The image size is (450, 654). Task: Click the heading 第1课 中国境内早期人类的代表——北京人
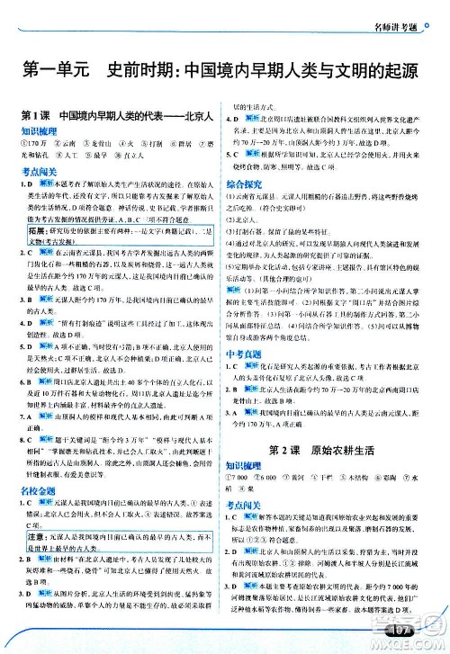pos(115,117)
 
